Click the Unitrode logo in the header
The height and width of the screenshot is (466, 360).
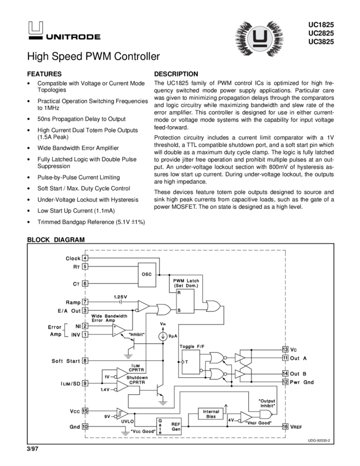(x=62, y=31)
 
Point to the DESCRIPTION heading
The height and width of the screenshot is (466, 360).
(x=176, y=73)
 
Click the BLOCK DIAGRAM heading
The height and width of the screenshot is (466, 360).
(x=56, y=240)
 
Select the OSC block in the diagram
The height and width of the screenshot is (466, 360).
(x=146, y=273)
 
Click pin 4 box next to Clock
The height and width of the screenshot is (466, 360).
(x=85, y=258)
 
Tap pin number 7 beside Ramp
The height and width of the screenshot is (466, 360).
(x=85, y=302)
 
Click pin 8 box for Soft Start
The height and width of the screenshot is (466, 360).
(x=85, y=360)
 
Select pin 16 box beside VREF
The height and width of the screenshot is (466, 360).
(x=285, y=426)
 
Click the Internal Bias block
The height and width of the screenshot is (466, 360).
(x=211, y=414)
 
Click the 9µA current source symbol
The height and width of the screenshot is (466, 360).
(x=163, y=334)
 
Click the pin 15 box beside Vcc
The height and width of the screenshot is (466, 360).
(x=85, y=411)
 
